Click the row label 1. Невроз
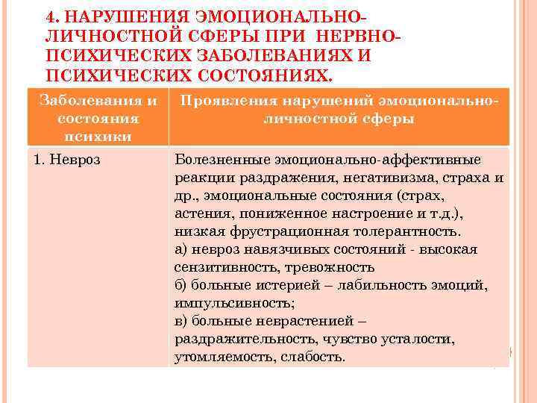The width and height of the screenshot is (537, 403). pyautogui.click(x=67, y=160)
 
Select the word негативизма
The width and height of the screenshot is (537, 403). pyautogui.click(x=380, y=178)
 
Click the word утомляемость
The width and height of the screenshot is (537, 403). pyautogui.click(x=215, y=357)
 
